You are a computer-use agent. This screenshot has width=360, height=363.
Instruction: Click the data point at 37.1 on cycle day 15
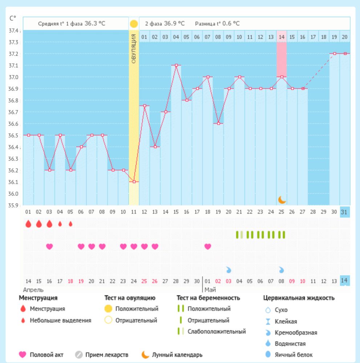click(176, 65)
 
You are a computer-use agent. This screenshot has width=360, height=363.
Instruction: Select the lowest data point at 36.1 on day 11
click(134, 181)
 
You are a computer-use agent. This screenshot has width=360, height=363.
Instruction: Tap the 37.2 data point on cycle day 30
click(335, 54)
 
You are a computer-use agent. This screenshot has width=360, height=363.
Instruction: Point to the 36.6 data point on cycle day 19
click(218, 123)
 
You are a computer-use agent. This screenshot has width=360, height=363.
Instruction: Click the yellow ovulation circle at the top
click(134, 24)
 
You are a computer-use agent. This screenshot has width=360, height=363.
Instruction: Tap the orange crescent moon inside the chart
click(282, 200)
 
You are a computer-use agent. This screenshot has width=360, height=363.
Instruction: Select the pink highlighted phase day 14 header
click(282, 37)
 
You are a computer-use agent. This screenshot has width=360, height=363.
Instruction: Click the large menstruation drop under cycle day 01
click(28, 224)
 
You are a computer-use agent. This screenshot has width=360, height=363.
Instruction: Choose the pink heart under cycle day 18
click(208, 246)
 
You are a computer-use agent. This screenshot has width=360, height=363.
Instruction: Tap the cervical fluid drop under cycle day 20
click(229, 270)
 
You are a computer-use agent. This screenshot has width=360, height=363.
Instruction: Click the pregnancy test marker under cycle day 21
click(239, 235)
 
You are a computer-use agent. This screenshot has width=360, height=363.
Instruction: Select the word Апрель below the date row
click(33, 290)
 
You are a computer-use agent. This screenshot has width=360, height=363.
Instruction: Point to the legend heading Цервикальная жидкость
click(299, 298)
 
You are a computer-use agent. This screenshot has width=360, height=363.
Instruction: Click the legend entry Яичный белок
click(298, 355)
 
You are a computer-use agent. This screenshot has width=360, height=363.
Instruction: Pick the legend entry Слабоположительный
click(217, 331)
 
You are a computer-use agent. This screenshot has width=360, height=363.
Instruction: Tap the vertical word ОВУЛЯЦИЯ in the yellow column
click(134, 49)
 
